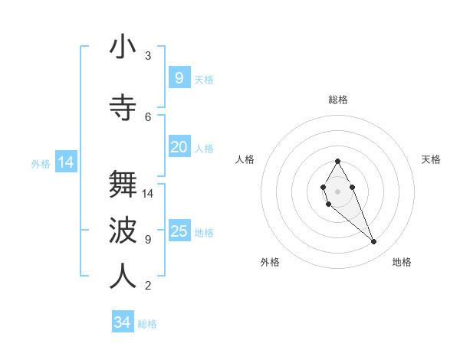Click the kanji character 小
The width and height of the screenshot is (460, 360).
point(123,47)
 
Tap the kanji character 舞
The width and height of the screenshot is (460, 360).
point(123,185)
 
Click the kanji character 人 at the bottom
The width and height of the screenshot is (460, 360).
point(123,277)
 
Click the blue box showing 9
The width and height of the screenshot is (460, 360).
point(179,78)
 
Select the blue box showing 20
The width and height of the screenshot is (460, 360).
point(179,147)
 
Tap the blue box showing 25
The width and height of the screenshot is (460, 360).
point(179,231)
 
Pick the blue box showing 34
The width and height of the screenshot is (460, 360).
point(123,322)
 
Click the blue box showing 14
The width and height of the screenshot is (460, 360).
point(66,162)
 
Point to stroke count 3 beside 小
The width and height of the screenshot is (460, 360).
point(148,56)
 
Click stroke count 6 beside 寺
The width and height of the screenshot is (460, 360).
point(148,116)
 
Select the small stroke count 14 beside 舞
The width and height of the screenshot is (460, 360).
point(149,193)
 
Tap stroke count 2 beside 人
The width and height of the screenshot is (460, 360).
point(148,286)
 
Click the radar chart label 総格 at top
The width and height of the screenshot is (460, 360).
point(338,100)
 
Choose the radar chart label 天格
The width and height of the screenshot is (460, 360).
point(432,159)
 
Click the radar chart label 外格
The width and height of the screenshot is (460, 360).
point(270,262)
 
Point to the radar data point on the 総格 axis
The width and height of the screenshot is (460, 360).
point(337,161)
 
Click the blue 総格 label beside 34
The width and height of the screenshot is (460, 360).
point(147,324)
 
